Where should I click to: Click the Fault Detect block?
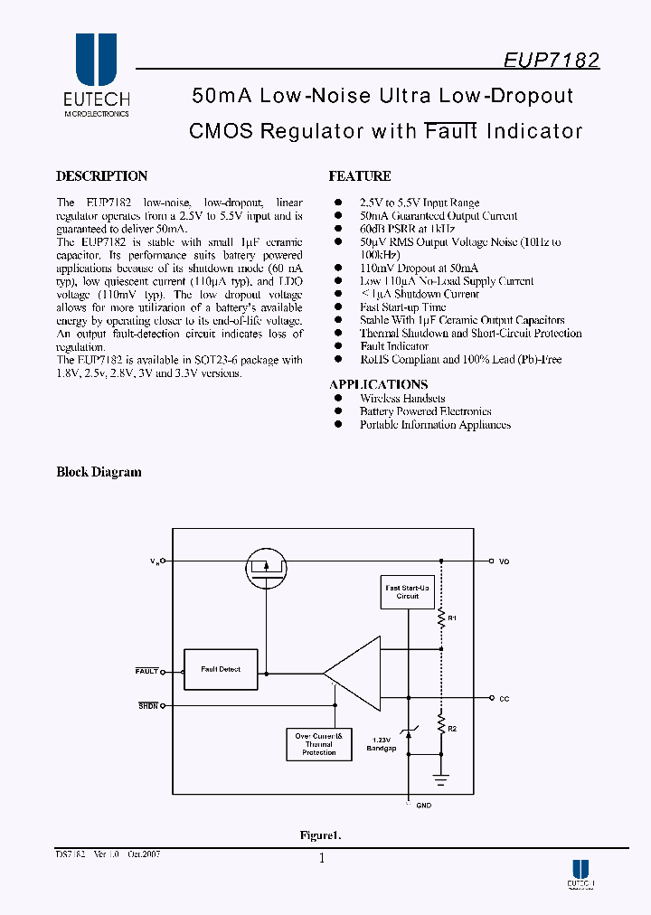point(220,670)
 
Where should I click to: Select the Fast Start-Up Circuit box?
point(408,591)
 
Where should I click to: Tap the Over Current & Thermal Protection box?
point(318,744)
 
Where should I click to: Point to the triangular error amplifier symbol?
point(354,672)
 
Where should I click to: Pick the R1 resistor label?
point(453,618)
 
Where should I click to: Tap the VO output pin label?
point(504,561)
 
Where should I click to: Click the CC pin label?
point(504,698)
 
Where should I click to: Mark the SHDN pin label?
point(148,705)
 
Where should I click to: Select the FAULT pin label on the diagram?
point(146,671)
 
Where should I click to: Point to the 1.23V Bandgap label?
point(382,743)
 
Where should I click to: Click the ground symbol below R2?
point(441,776)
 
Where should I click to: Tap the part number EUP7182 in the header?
point(551,61)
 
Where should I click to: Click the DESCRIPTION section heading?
point(101,176)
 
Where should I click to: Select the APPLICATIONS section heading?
point(378,384)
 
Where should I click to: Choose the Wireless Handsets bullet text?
point(402,399)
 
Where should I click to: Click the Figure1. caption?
point(320,835)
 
